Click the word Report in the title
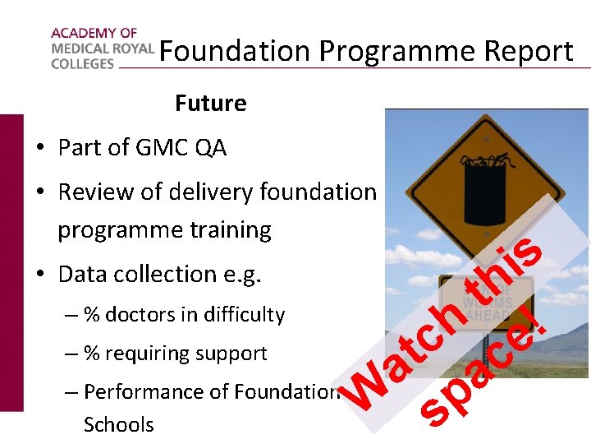[x=529, y=51]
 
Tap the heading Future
[x=210, y=104]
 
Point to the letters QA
[x=211, y=148]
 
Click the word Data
[x=84, y=274]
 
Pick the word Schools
[x=118, y=425]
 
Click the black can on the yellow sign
[x=484, y=191]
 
